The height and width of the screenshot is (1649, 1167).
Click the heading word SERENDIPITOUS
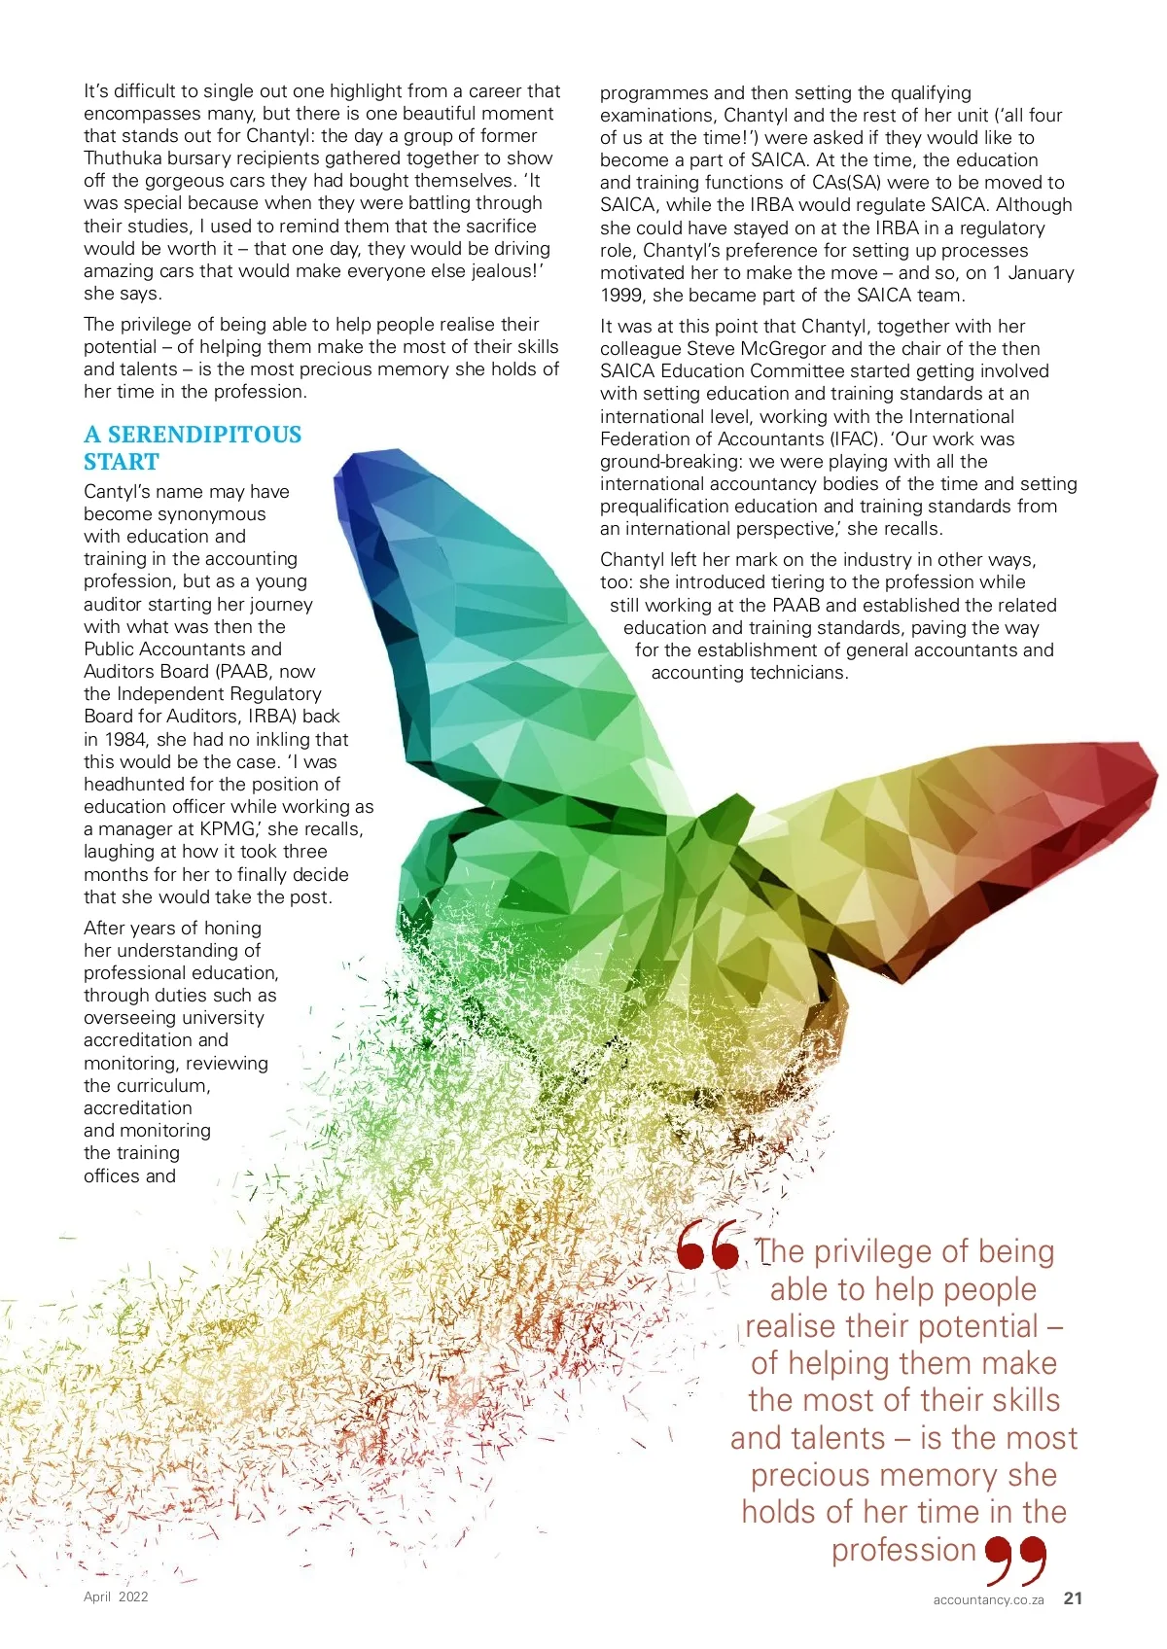click(204, 435)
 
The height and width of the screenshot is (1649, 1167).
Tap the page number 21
click(1073, 1598)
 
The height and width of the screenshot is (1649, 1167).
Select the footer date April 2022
click(116, 1596)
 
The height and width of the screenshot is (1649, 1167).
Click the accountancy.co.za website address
click(988, 1600)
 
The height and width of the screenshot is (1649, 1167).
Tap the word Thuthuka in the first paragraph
click(122, 158)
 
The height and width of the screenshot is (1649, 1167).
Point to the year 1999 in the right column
click(622, 296)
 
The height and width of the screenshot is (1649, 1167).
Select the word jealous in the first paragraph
click(501, 271)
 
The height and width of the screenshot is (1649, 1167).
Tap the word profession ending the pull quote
click(903, 1550)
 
